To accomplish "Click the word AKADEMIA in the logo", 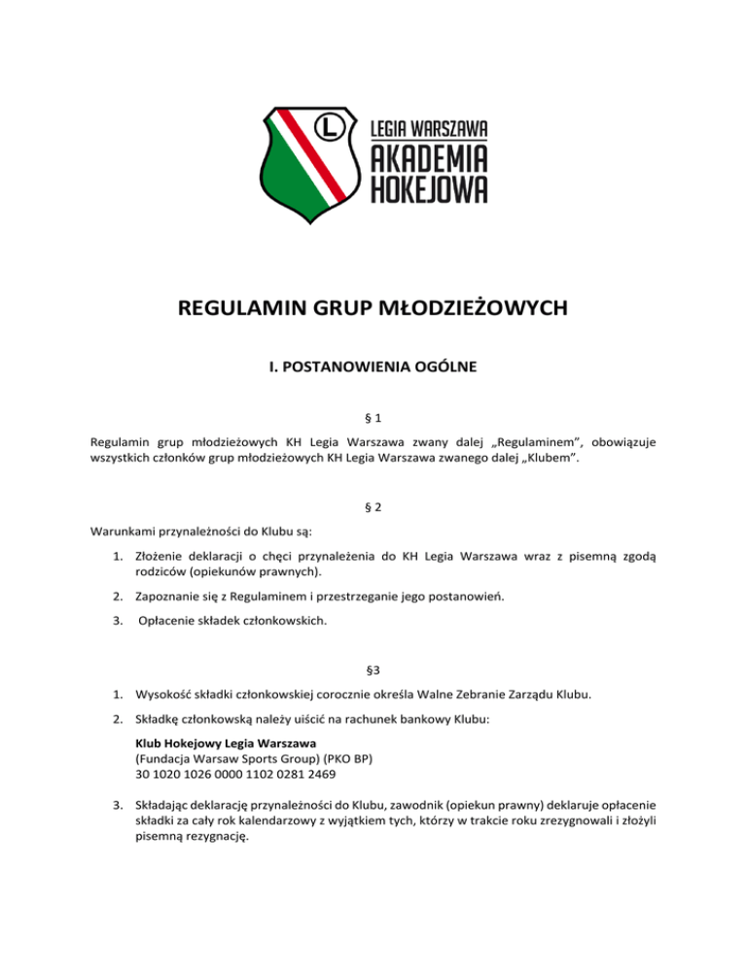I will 429,159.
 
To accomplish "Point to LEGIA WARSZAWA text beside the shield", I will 429,128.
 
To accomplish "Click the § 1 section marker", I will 373,418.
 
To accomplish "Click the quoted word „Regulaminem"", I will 505,439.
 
